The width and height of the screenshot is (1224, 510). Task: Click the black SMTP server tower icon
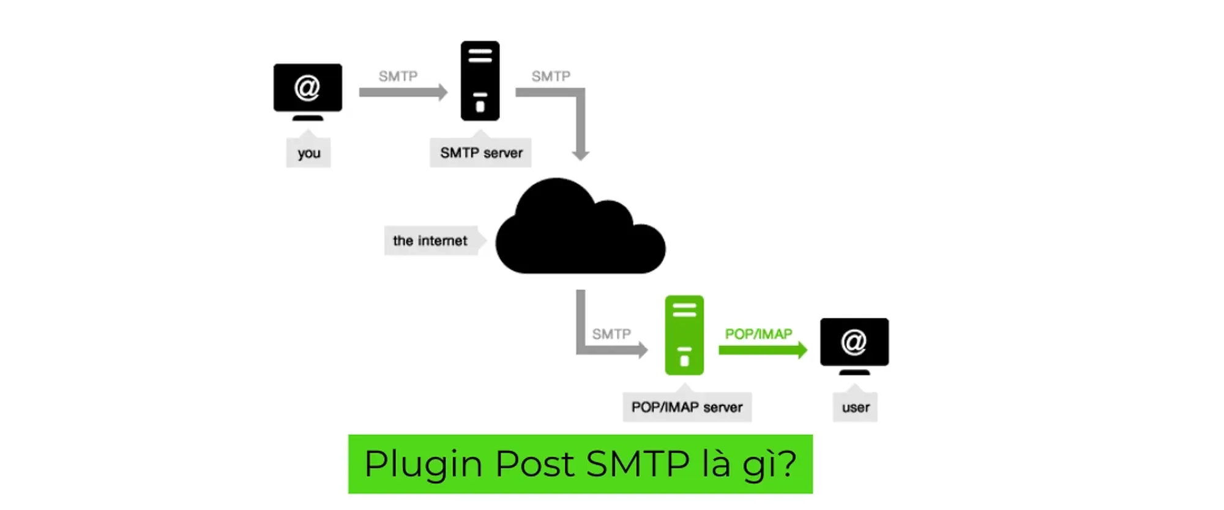click(x=480, y=81)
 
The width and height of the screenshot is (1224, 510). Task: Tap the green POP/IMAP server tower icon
click(x=684, y=335)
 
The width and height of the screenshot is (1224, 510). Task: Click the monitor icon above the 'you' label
click(x=308, y=89)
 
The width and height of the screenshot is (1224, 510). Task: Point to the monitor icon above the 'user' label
click(x=854, y=343)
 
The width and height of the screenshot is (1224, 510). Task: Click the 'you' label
click(x=308, y=153)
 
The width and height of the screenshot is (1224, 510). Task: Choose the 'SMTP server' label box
click(x=481, y=153)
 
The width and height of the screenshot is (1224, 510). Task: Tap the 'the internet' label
click(x=430, y=241)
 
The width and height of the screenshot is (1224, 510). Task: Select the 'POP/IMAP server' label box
click(x=687, y=407)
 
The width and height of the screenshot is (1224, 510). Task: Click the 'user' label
click(x=855, y=407)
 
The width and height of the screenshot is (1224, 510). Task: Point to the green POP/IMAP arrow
click(x=762, y=350)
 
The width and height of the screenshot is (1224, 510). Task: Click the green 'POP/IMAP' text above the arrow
click(x=758, y=334)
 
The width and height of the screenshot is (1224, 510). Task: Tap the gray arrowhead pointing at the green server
click(x=643, y=350)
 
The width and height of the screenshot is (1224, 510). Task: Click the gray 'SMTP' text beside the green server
click(x=611, y=334)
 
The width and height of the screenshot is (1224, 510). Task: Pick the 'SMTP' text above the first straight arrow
click(x=398, y=76)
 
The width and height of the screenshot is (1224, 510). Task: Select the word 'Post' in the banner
click(x=534, y=463)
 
